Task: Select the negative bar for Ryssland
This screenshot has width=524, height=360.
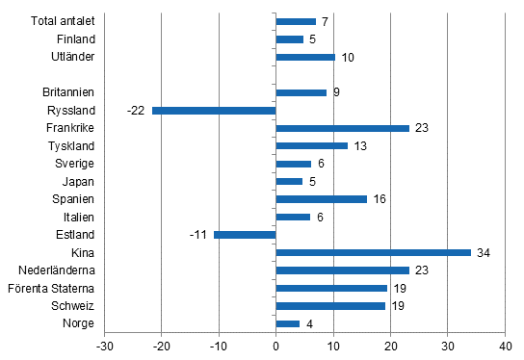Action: click(x=214, y=110)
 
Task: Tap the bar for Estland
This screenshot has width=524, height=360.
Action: click(x=245, y=235)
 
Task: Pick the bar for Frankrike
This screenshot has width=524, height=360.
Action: click(x=342, y=128)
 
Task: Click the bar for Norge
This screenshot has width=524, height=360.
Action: click(x=287, y=323)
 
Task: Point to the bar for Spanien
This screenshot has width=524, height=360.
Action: click(x=321, y=199)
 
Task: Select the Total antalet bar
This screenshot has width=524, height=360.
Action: click(x=296, y=21)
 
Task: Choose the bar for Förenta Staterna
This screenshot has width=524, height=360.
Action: click(x=330, y=288)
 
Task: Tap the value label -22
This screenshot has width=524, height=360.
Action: click(x=137, y=110)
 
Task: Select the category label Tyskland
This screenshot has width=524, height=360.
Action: click(x=72, y=145)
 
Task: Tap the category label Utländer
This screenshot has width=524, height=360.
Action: click(x=74, y=57)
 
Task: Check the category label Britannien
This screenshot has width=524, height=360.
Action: click(x=69, y=92)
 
